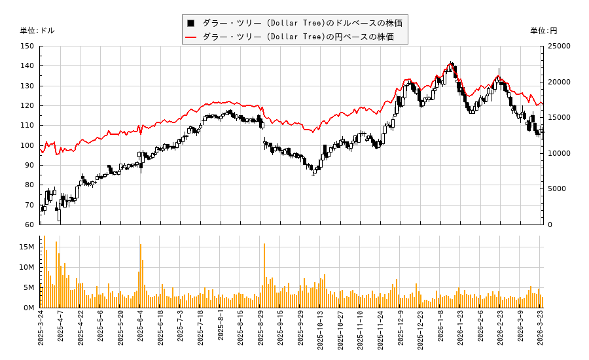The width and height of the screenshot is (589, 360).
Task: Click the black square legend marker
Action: pos(191,23)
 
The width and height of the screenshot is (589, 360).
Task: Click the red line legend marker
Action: pos(191,37)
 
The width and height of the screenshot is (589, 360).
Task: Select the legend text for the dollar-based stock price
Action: pos(302,23)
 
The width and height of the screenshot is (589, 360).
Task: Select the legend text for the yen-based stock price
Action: pos(298,37)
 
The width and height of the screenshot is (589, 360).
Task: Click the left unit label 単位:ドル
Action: pos(37,31)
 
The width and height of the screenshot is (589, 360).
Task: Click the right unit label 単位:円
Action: pos(543,31)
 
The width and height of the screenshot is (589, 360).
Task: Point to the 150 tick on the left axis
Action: pos(27,46)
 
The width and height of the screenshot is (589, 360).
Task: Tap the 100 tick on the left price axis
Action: pos(27,145)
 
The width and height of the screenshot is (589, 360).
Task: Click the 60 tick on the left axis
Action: pos(29,225)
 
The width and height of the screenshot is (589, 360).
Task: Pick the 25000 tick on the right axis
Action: pos(560,46)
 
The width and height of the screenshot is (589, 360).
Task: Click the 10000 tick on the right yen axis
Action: pos(560,153)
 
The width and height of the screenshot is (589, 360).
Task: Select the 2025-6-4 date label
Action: pos(140,331)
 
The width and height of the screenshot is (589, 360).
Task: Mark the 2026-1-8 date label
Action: pos(440,331)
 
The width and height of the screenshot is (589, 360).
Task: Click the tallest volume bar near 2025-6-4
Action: pos(140,275)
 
